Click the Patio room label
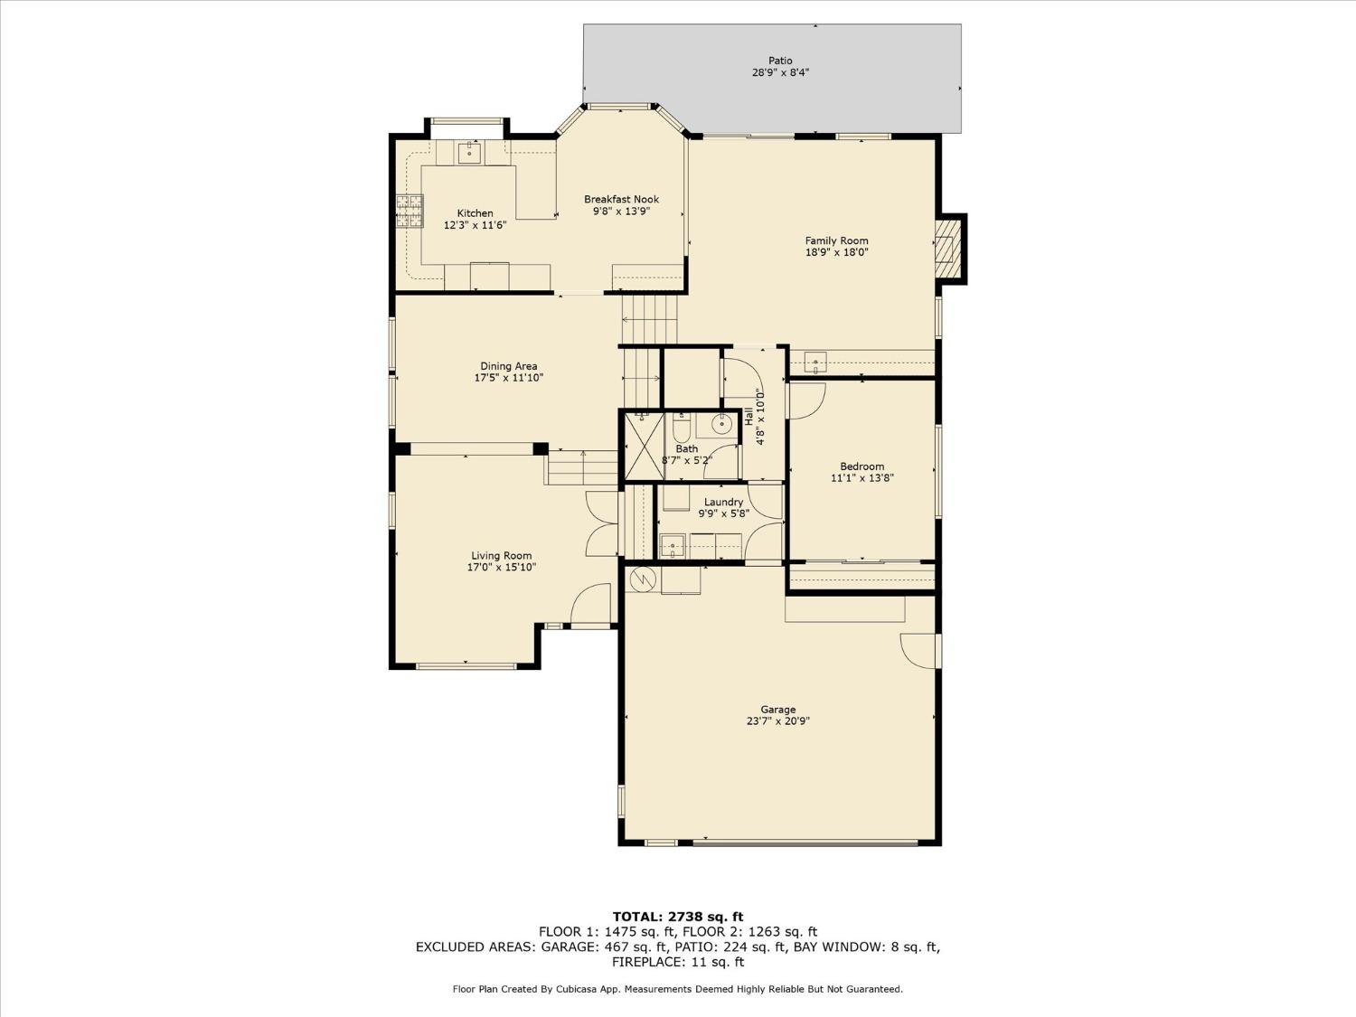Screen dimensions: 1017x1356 [x=780, y=61]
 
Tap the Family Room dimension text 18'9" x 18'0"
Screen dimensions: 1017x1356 [x=836, y=253]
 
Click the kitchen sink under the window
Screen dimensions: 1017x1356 [x=469, y=153]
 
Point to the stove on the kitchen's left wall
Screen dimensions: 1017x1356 [x=409, y=212]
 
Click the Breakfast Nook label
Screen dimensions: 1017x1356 [x=621, y=199]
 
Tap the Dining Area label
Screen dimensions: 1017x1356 [x=508, y=366]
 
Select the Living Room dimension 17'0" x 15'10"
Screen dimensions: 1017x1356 [x=501, y=568]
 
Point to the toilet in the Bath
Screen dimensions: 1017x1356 [x=683, y=426]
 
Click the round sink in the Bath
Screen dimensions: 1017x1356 [x=723, y=422]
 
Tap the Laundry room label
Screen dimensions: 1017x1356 [x=723, y=502]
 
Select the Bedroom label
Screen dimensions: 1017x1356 [x=862, y=466]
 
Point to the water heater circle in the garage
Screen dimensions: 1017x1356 [x=644, y=579]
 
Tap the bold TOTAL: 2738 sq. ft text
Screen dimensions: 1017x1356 [x=678, y=917]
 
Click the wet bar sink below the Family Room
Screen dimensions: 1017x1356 [x=815, y=363]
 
